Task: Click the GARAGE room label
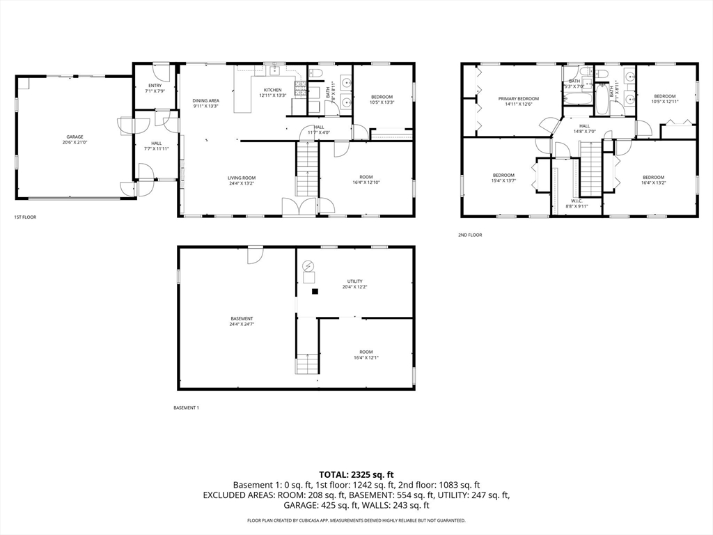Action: point(75,137)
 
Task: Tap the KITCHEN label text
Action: point(272,90)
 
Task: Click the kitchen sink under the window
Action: point(275,70)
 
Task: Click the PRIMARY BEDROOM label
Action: point(518,99)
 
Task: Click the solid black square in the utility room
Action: point(315,291)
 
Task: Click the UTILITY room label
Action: point(354,281)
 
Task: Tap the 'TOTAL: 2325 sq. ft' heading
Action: point(356,474)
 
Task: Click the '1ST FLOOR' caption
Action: point(25,217)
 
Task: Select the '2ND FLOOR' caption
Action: point(470,235)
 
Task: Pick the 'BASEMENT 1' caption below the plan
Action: point(186,408)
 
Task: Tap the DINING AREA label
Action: point(205,100)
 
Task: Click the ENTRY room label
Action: point(155,85)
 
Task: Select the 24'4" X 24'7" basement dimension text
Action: point(237,324)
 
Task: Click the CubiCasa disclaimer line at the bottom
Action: point(356,520)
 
